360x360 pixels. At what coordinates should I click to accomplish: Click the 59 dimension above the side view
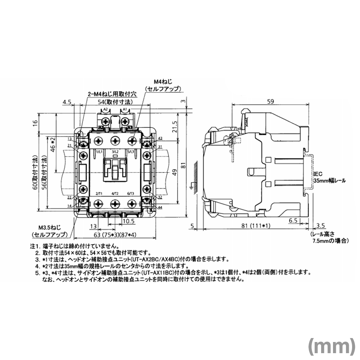pos(270,102)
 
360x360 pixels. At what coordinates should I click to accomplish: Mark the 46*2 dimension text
pos(53,146)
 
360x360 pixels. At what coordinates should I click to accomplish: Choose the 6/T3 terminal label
pos(131,194)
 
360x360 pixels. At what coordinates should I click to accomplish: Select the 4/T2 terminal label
pos(115,194)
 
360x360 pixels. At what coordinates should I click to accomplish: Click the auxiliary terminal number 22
pos(69,197)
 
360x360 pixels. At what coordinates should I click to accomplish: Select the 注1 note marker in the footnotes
pos(34,247)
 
